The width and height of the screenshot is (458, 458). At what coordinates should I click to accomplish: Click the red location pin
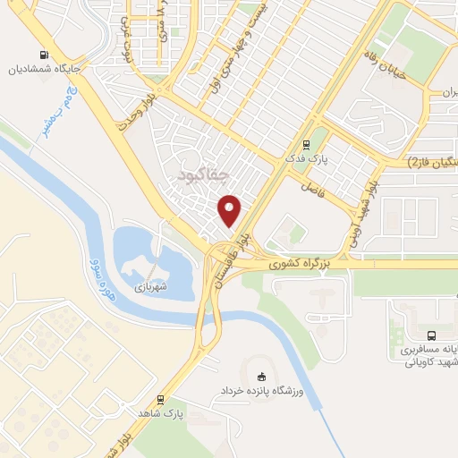point(231,209)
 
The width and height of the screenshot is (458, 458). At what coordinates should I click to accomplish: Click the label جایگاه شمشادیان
point(45,67)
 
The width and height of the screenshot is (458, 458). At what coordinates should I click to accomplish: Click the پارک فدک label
point(314,157)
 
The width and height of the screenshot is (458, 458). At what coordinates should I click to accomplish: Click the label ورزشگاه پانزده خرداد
point(262,393)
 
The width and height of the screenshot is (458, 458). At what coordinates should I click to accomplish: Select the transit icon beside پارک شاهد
point(161,400)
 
